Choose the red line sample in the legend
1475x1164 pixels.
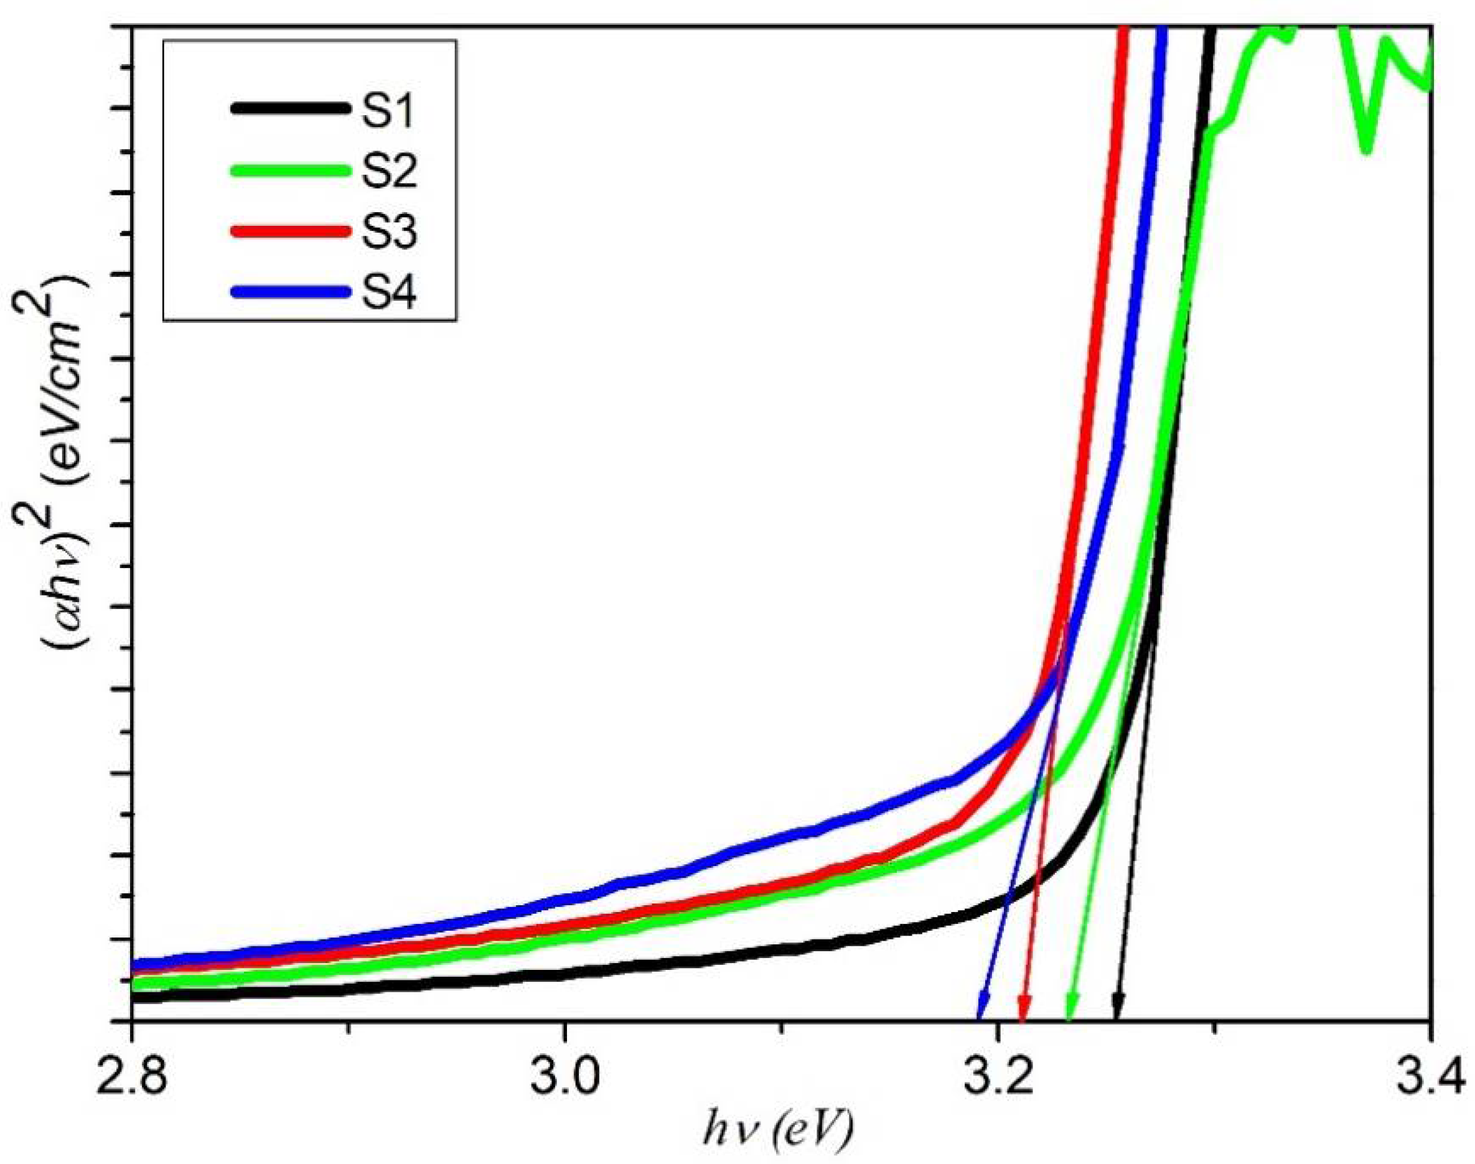coord(289,231)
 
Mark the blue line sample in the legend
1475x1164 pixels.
coord(289,292)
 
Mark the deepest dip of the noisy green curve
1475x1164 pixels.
coord(1367,149)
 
